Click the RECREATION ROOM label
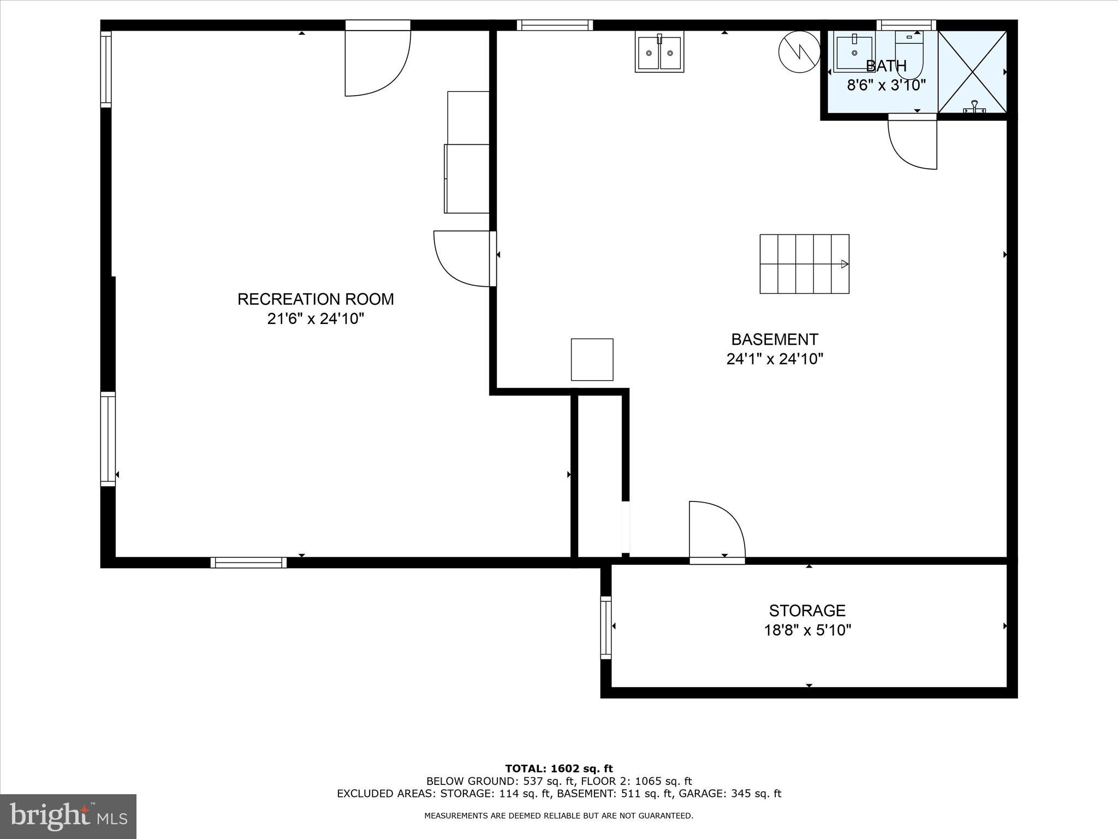pos(316,299)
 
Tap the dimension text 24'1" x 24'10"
pos(775,359)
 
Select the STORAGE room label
pos(807,610)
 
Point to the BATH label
pos(886,66)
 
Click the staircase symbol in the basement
pos(804,264)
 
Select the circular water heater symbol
pos(799,51)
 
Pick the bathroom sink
pos(853,52)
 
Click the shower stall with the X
pos(972,72)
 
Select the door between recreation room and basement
pos(464,258)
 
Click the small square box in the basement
pos(592,359)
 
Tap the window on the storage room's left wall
pos(606,627)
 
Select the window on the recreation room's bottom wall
pos(248,563)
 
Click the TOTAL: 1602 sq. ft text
pos(559,769)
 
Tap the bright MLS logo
pos(68,816)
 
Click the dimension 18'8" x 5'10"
pos(807,630)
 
